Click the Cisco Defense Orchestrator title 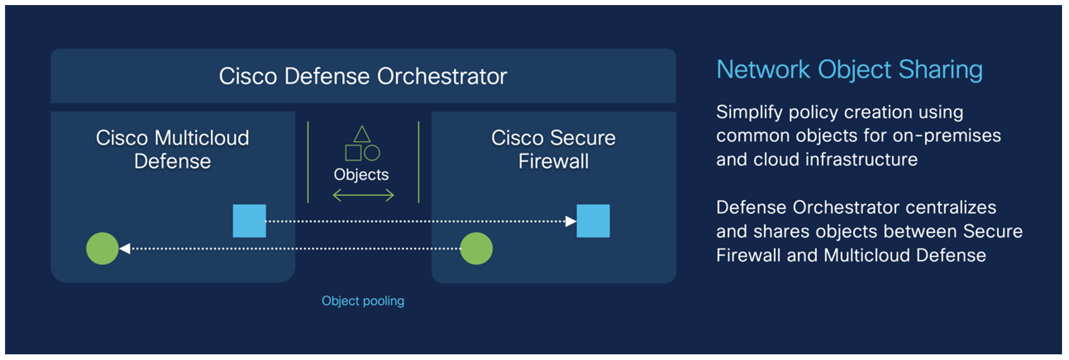pyautogui.click(x=363, y=76)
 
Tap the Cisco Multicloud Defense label pyautogui.click(x=172, y=149)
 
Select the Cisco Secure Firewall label pyautogui.click(x=553, y=149)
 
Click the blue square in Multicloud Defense pyautogui.click(x=249, y=221)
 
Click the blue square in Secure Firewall pyautogui.click(x=593, y=221)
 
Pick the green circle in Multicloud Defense pyautogui.click(x=102, y=248)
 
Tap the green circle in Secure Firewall pyautogui.click(x=476, y=248)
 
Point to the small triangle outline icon pyautogui.click(x=362, y=134)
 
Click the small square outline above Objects pyautogui.click(x=353, y=153)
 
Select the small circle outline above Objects pyautogui.click(x=372, y=153)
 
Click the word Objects pyautogui.click(x=361, y=175)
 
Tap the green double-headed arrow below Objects pyautogui.click(x=363, y=196)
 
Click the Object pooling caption pyautogui.click(x=363, y=301)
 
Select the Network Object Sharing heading pyautogui.click(x=849, y=69)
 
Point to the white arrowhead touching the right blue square pyautogui.click(x=571, y=221)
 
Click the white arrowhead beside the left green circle pyautogui.click(x=125, y=248)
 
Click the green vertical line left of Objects pyautogui.click(x=308, y=162)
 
